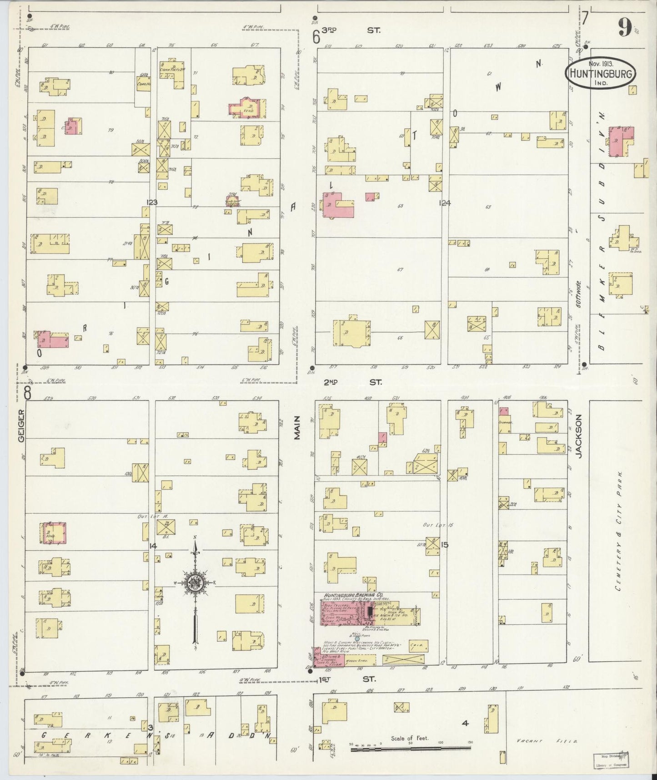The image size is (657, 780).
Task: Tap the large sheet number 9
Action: [624, 29]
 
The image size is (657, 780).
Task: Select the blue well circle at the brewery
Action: [356, 638]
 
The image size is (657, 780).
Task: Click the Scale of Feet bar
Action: [411, 747]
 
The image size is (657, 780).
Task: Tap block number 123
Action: [151, 202]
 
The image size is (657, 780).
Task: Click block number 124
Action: [444, 203]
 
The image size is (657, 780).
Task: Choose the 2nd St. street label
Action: [356, 382]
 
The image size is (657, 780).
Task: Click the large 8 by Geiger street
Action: [28, 393]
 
